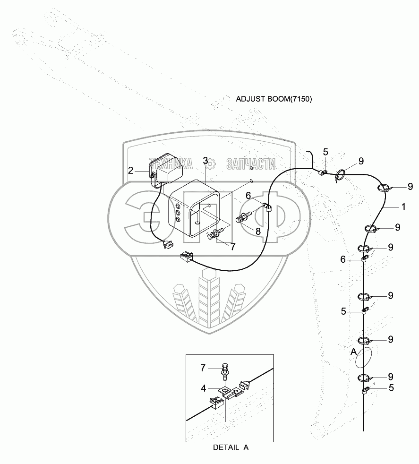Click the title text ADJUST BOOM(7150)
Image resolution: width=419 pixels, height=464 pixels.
tap(274, 99)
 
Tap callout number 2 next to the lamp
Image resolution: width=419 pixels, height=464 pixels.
tap(130, 171)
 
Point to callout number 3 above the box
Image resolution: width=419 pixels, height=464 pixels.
tap(205, 161)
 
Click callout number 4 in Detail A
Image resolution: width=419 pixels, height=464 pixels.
tap(204, 388)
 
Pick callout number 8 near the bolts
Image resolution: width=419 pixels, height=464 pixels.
tap(257, 231)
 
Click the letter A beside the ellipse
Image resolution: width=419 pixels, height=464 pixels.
tap(353, 352)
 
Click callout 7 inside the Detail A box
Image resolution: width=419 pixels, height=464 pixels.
tap(204, 367)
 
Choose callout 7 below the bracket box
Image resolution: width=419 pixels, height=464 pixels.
tap(232, 246)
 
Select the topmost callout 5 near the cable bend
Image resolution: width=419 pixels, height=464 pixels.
tap(325, 152)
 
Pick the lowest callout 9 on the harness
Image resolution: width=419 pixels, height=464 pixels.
tap(390, 377)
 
